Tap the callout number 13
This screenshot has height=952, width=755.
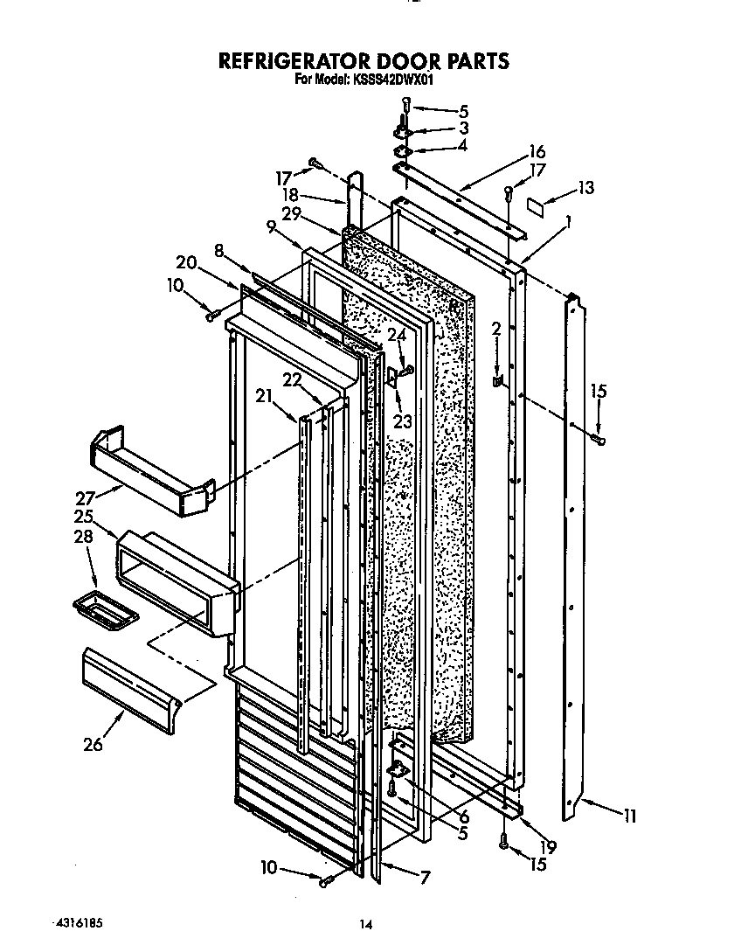point(585,187)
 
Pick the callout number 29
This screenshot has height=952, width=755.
point(292,214)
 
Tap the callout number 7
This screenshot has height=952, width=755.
point(424,878)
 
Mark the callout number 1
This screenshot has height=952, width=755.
point(570,222)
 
